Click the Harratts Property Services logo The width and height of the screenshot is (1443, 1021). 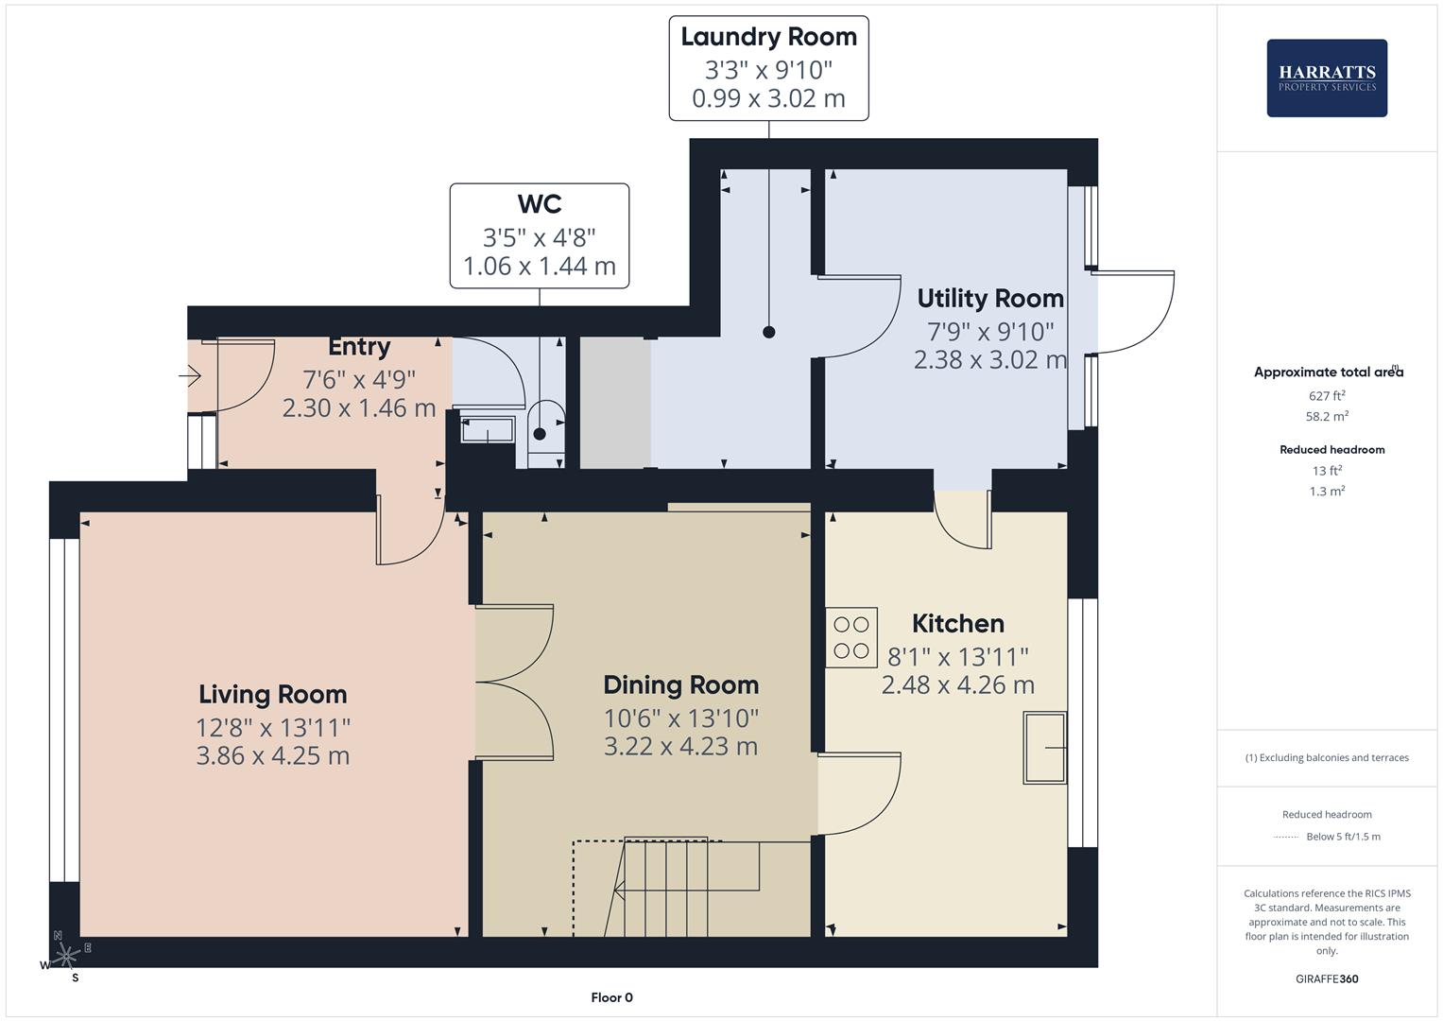pos(1326,78)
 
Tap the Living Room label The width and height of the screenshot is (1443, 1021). pos(272,694)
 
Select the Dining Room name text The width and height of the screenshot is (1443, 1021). pos(680,684)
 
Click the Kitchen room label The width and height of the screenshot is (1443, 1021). pos(957,623)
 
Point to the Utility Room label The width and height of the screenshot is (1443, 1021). pos(989,298)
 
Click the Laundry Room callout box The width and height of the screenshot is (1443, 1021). pos(768,68)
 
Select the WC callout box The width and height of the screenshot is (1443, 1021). pos(539,235)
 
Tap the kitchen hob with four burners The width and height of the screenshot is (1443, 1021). pos(850,637)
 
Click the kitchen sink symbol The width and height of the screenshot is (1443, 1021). pos(1044,748)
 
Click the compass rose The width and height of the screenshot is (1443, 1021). pos(64,957)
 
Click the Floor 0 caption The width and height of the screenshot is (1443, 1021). pos(611,997)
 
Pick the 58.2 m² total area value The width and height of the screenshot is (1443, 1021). pos(1326,416)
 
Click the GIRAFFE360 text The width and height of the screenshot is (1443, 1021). pos(1326,978)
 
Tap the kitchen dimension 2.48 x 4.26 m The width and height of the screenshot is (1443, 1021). pos(957,684)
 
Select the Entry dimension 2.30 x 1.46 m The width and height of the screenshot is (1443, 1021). pos(358,407)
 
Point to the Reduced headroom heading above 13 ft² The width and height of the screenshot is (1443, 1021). pos(1331,450)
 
